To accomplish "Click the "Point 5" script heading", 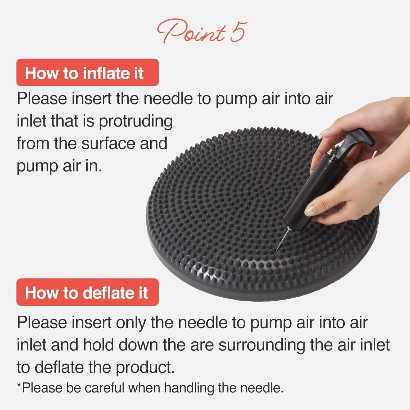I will (x=202, y=31).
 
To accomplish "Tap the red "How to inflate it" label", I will (x=87, y=73).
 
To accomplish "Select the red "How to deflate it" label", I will (x=87, y=292).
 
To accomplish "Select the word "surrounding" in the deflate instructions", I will (x=262, y=345).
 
